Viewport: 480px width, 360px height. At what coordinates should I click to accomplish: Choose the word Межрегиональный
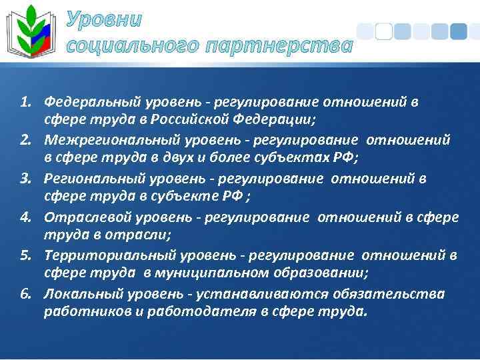[106, 141]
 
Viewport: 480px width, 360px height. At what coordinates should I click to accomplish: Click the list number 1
[25, 103]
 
